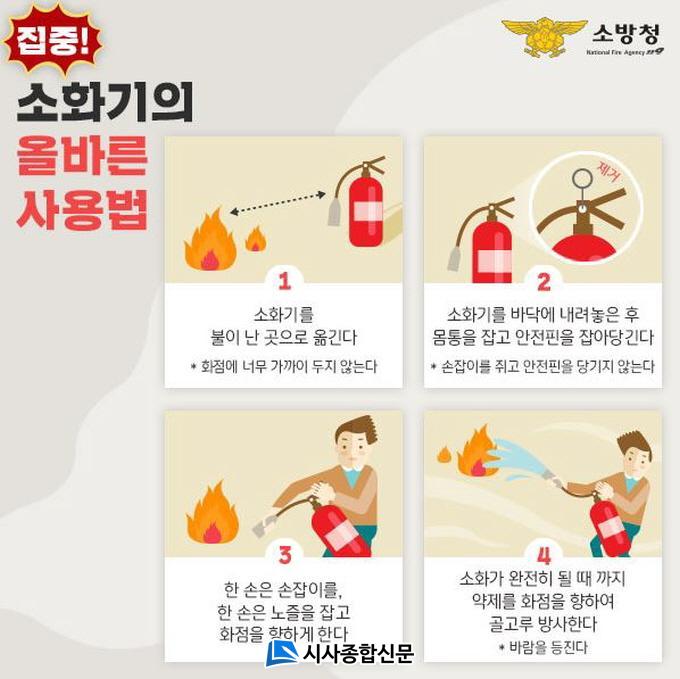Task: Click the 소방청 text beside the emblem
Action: point(627,33)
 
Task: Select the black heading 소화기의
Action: point(105,102)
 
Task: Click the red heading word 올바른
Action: point(82,155)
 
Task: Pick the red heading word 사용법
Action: point(82,209)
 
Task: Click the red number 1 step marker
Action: point(284,281)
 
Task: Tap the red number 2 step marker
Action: point(544,281)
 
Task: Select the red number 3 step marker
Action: point(285,555)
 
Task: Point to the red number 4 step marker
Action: point(543,555)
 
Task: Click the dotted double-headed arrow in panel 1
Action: point(278,203)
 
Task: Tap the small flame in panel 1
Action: point(255,239)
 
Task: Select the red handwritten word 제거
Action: point(609,172)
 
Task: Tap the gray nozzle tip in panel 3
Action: point(263,526)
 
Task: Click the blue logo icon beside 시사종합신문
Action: point(281,653)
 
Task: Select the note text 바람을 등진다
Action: point(548,647)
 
